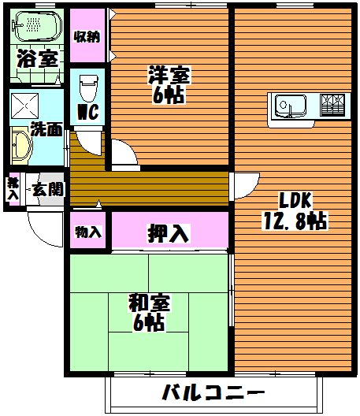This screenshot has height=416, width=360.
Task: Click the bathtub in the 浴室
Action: tap(37, 26)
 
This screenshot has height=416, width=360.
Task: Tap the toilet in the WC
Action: tap(88, 87)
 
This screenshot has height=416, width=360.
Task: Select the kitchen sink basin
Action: tap(291, 106)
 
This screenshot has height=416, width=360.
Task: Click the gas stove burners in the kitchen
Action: tap(332, 105)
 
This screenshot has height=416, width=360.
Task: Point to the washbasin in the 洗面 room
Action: tap(21, 146)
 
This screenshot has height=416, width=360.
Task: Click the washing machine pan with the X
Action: tap(24, 106)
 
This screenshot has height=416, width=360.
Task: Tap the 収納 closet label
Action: tap(87, 36)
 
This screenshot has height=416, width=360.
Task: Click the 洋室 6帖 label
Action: tap(169, 84)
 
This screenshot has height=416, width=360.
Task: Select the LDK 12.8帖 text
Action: tap(295, 210)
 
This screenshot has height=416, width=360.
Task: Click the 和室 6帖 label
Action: tap(149, 313)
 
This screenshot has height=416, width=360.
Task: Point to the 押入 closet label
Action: tap(168, 233)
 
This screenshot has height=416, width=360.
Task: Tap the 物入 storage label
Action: tap(88, 232)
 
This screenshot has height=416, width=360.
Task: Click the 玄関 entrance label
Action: tap(48, 189)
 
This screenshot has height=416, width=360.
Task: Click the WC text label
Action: tap(88, 112)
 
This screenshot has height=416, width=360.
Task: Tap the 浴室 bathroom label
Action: tap(37, 58)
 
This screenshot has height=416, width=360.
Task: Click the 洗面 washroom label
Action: tap(46, 129)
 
